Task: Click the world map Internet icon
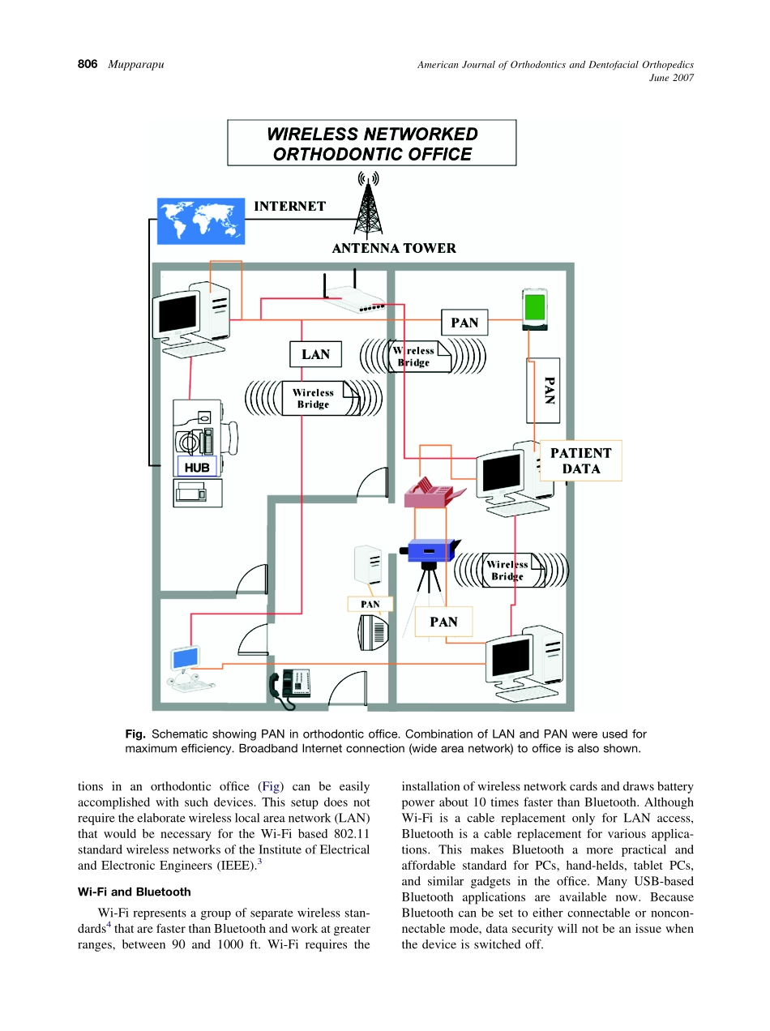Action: click(x=200, y=220)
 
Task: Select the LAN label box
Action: click(x=315, y=354)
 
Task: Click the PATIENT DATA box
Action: click(x=581, y=460)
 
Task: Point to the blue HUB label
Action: click(x=197, y=468)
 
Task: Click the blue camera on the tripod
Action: click(x=430, y=551)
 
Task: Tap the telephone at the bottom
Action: click(x=290, y=685)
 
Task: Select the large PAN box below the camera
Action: click(x=443, y=622)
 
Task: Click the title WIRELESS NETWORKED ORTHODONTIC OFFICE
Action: click(x=372, y=143)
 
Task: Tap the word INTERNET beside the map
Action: click(x=289, y=207)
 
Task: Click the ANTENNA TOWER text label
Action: click(x=394, y=249)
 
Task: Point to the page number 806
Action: click(x=88, y=64)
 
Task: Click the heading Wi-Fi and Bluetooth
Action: click(x=135, y=892)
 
